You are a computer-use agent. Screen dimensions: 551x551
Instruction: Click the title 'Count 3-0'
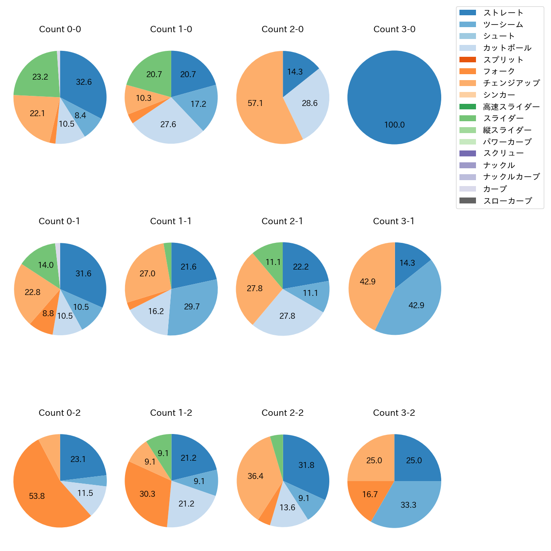[394, 29]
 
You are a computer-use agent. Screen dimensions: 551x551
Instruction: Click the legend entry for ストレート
[503, 13]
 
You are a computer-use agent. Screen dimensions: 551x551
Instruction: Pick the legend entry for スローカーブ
[507, 201]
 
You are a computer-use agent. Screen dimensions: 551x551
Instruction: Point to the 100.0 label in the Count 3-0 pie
[394, 125]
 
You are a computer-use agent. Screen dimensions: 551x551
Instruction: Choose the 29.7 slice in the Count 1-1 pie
[193, 307]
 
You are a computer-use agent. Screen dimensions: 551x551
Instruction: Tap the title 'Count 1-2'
[171, 413]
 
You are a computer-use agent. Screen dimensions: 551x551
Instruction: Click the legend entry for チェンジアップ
[511, 83]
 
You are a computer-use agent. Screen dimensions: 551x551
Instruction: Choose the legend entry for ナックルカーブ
[511, 177]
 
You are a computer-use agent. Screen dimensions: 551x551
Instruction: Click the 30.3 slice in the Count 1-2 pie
[146, 494]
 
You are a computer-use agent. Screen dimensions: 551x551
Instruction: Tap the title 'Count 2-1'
[282, 221]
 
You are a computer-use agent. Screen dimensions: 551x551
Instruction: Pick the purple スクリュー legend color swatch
[468, 153]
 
